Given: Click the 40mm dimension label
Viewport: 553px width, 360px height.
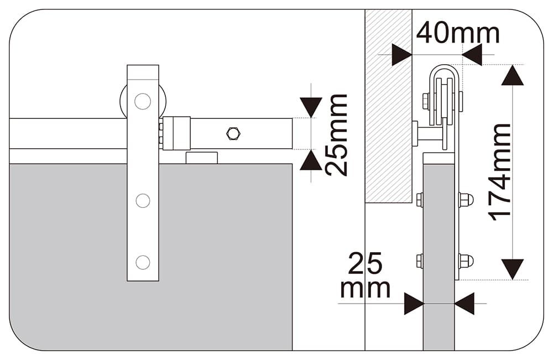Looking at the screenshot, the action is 458,33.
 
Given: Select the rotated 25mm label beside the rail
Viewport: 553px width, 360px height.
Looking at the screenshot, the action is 336,135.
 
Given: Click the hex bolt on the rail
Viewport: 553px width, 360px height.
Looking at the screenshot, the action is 233,134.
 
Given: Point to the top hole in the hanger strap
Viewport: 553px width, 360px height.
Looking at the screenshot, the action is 143,101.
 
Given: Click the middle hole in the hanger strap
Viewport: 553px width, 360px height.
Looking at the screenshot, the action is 143,201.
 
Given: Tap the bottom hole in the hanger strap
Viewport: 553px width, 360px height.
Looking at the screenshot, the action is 143,262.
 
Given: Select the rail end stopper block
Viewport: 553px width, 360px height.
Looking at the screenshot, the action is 176,134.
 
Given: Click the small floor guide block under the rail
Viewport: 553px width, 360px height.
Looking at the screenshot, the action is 202,158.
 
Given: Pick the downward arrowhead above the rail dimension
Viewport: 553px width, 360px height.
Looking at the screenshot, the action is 311,107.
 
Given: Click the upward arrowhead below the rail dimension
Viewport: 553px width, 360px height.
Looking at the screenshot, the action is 311,160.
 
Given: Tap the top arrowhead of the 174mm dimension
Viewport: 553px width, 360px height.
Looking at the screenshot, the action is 513,75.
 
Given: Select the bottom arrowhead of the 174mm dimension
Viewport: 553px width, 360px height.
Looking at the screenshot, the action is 513,269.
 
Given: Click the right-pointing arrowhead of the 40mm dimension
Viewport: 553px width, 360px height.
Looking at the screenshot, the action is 401,55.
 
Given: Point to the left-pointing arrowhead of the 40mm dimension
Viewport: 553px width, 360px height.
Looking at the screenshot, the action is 472,55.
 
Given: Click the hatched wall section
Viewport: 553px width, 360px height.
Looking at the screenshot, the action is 388,106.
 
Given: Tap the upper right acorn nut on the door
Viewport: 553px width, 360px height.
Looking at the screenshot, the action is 466,200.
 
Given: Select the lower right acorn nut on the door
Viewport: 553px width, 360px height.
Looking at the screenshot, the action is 466,261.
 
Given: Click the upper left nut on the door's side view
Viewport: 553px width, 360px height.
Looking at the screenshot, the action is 420,200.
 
